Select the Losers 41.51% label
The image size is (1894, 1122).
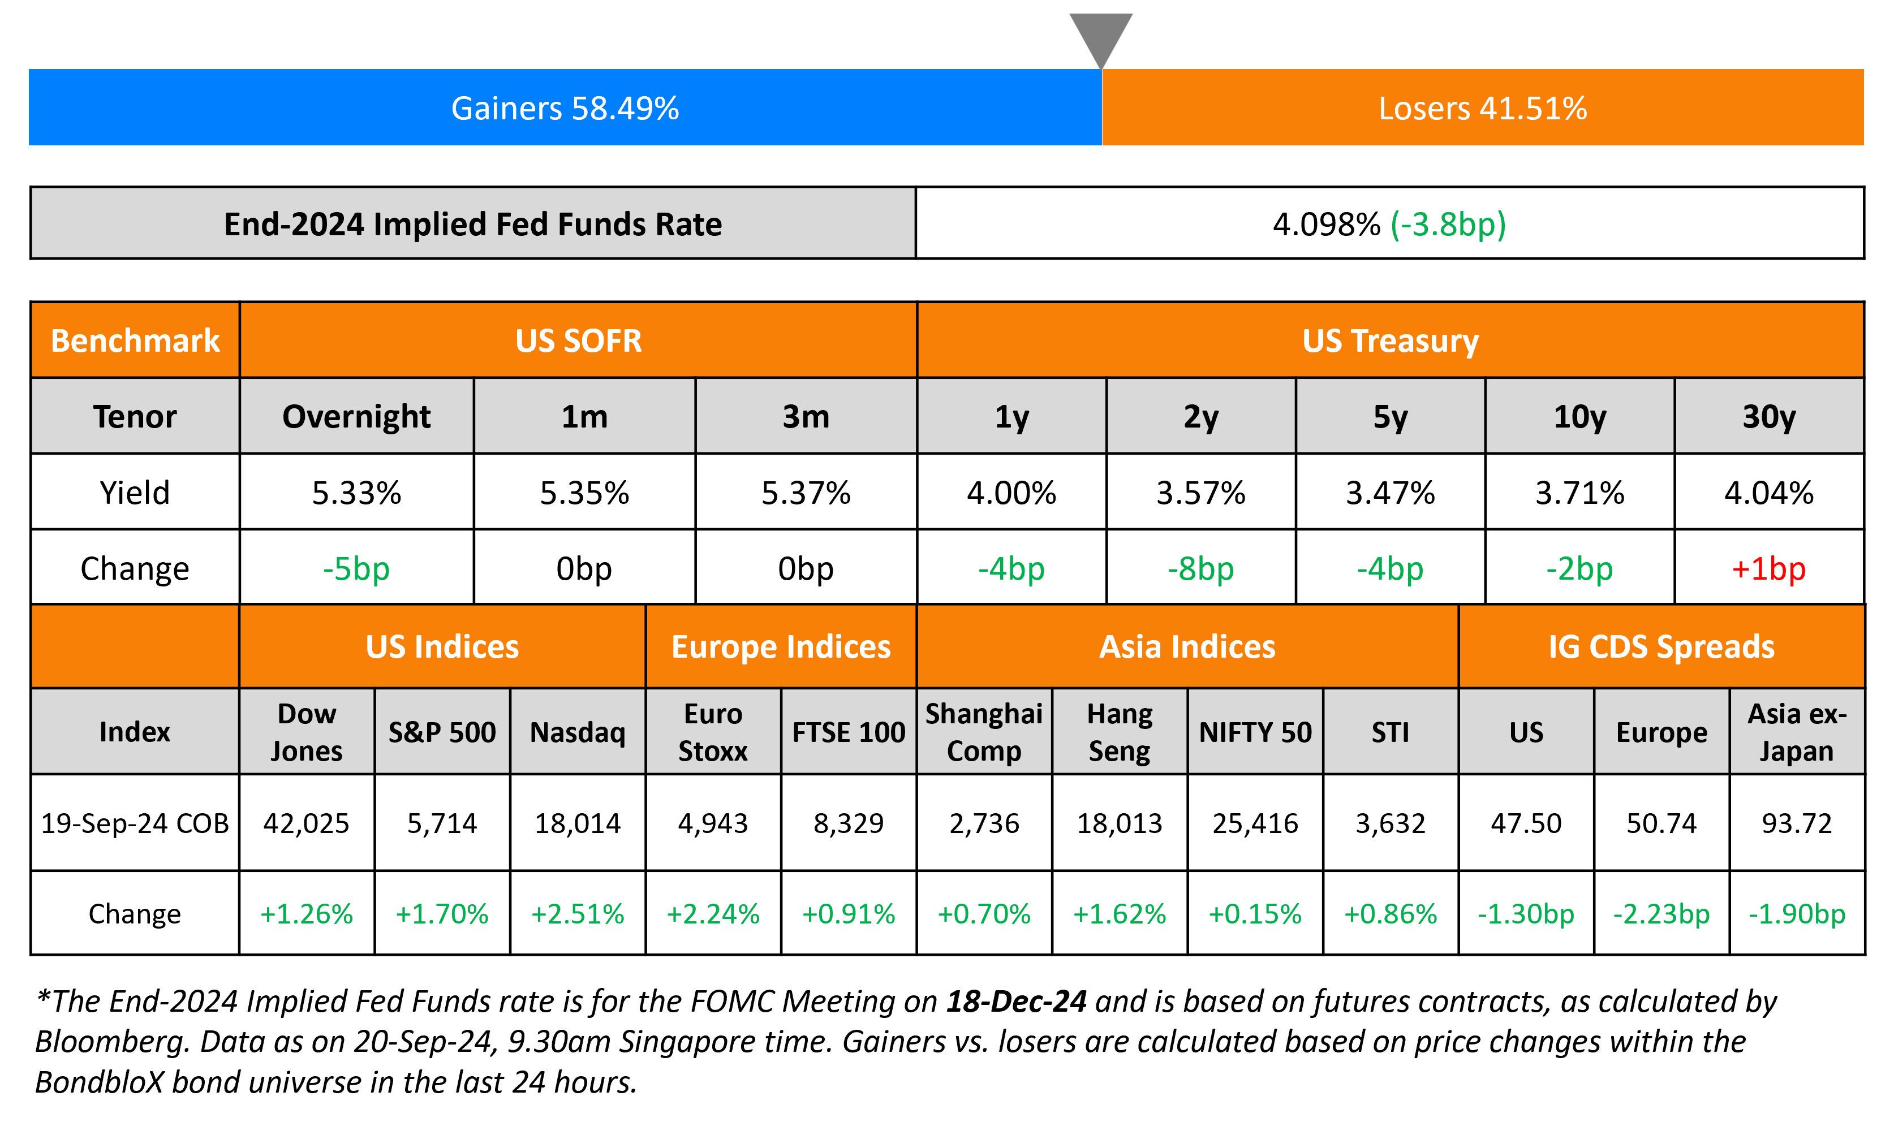pyautogui.click(x=1482, y=108)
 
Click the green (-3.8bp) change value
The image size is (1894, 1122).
pyautogui.click(x=1448, y=225)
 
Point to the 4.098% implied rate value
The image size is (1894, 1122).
pyautogui.click(x=1326, y=225)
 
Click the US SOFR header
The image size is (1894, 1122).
pyautogui.click(x=578, y=341)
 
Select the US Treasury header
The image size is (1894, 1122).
pyautogui.click(x=1390, y=341)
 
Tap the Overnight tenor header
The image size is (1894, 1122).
pyautogui.click(x=356, y=417)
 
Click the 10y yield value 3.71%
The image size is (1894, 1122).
pyautogui.click(x=1579, y=493)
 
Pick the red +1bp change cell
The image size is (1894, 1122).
pyautogui.click(x=1768, y=568)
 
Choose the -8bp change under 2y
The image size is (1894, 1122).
pyautogui.click(x=1200, y=568)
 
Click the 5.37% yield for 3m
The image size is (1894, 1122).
pyautogui.click(x=806, y=493)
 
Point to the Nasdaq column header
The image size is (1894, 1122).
pyautogui.click(x=578, y=732)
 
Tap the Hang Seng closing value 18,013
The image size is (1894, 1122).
pyautogui.click(x=1119, y=823)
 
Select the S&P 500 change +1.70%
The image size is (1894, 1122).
pyautogui.click(x=442, y=914)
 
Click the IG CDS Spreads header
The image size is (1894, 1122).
pyautogui.click(x=1661, y=647)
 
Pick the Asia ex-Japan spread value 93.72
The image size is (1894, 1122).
pyautogui.click(x=1797, y=823)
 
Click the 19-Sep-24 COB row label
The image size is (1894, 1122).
pyautogui.click(x=135, y=823)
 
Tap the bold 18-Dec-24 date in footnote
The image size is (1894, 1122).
pyautogui.click(x=1016, y=1001)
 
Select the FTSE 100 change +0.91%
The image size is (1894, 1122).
pyautogui.click(x=849, y=914)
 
